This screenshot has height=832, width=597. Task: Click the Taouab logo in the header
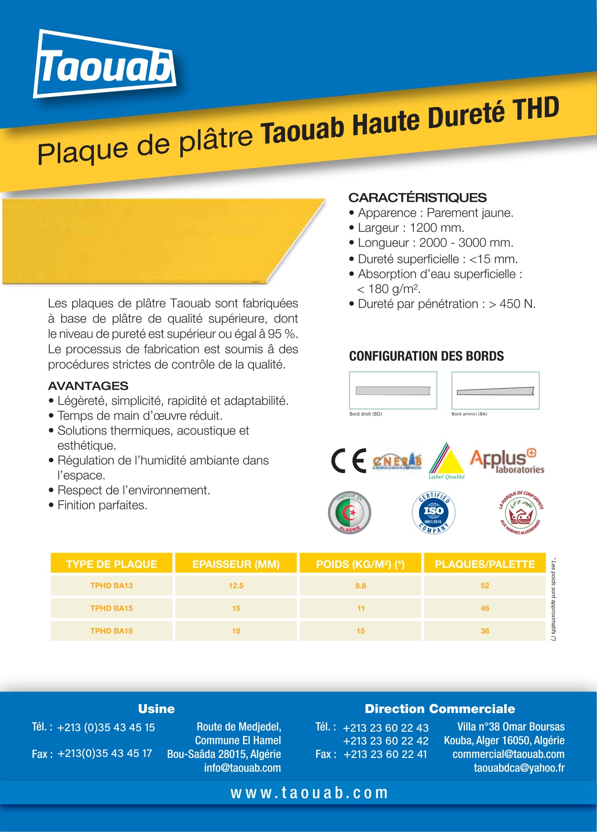click(105, 65)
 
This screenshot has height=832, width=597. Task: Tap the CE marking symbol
click(349, 461)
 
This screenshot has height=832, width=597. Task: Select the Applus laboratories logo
click(507, 461)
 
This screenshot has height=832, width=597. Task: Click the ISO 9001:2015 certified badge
click(433, 513)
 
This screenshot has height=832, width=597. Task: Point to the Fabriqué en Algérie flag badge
click(350, 513)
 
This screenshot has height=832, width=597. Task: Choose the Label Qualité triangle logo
click(446, 461)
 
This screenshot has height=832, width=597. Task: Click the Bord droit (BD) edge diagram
click(393, 390)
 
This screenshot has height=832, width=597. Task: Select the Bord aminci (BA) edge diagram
click(495, 390)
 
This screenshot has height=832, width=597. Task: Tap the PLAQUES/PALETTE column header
click(485, 564)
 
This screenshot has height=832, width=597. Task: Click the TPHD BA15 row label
click(111, 608)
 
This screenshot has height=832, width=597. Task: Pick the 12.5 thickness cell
click(236, 585)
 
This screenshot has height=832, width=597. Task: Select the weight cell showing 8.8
click(361, 585)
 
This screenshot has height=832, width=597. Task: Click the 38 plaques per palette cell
click(485, 631)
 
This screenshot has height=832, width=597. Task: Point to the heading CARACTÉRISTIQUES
click(417, 197)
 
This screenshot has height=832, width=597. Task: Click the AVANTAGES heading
click(88, 386)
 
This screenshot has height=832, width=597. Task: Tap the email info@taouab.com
click(243, 768)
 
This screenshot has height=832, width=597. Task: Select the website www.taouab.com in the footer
click(309, 793)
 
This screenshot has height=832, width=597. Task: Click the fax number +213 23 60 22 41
click(385, 754)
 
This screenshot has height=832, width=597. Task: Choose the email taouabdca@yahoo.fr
click(519, 768)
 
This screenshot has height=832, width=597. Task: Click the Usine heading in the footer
click(156, 709)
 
